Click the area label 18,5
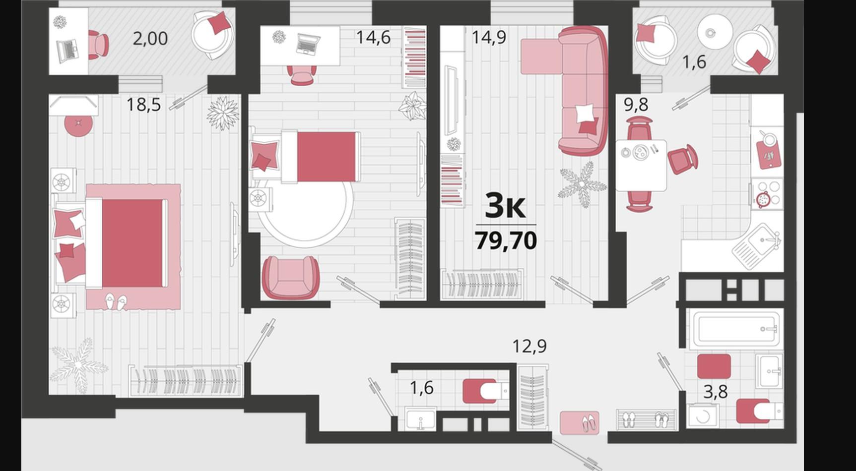143,105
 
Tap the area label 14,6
373,38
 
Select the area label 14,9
489,38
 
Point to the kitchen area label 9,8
636,105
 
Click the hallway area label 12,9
529,346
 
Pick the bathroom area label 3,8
716,392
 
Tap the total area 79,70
506,241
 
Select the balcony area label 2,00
150,38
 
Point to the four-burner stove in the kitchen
767,193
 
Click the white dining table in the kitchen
641,165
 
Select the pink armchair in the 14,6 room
290,277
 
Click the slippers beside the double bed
116,301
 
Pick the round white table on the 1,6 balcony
715,32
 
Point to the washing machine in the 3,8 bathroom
703,415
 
